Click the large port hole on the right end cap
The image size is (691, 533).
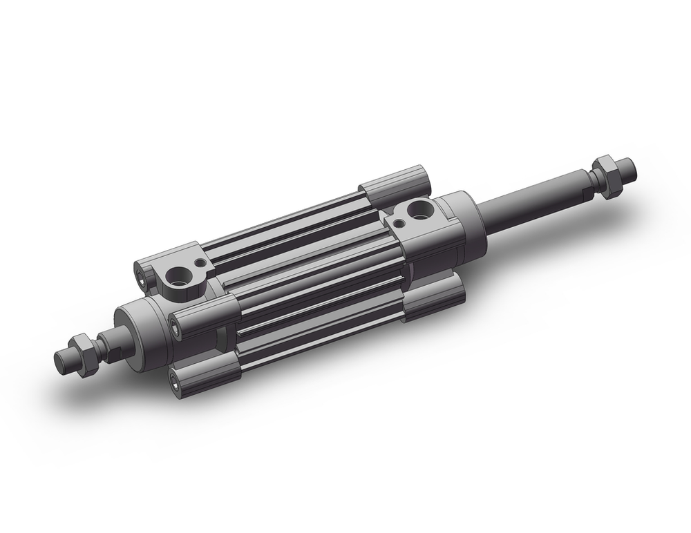point(419,207)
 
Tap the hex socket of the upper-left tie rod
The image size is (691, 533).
point(142,278)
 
